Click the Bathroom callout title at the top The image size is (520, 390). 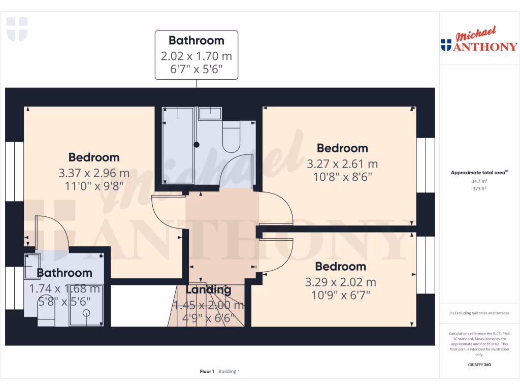click(196, 40)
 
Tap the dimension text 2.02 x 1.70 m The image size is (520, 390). click(196, 56)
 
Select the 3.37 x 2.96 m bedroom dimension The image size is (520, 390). click(94, 173)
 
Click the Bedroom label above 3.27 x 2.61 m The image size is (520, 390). click(342, 148)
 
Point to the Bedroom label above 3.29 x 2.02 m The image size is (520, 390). click(340, 267)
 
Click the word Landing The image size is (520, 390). click(208, 290)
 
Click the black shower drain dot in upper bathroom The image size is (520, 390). click(197, 145)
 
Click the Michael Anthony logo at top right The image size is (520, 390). click(479, 41)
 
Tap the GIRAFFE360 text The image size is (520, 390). click(479, 365)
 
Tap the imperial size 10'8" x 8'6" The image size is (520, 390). click(342, 177)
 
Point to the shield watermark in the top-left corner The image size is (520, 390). click(17, 29)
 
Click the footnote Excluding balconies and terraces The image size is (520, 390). click(479, 313)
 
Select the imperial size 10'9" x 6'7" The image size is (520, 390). click(340, 294)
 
